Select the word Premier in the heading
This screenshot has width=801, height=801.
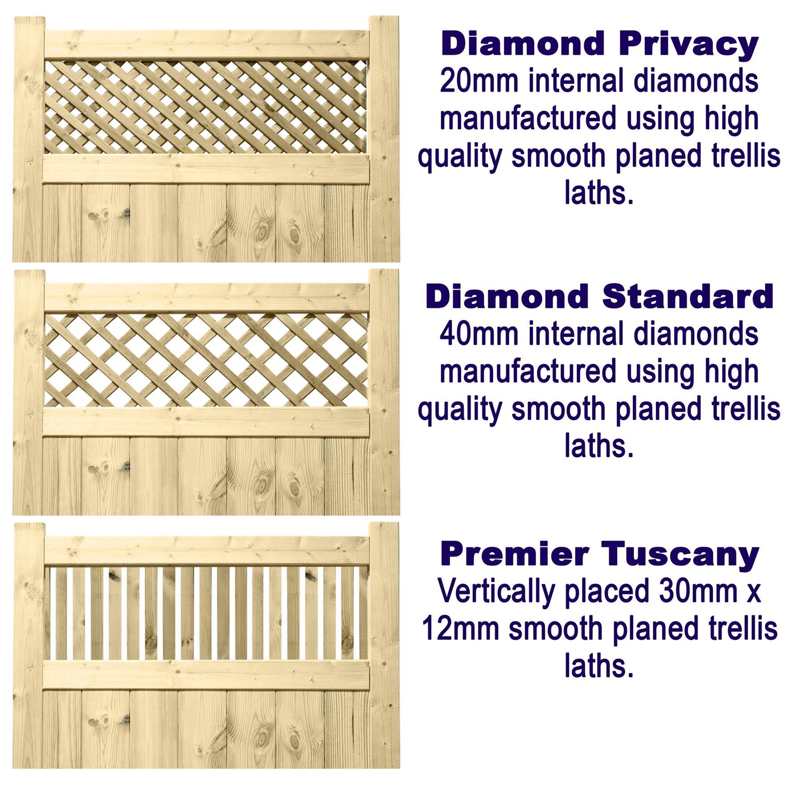pos(515,554)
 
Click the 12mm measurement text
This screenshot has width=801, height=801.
pos(461,629)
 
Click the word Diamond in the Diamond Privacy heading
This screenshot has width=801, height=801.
pos(523,44)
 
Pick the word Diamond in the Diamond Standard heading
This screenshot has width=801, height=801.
pos(507,297)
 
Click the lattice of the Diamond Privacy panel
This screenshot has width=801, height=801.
pos(205,107)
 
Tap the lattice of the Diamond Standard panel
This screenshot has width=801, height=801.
pos(205,360)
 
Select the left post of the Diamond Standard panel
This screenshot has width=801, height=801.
pos(29,390)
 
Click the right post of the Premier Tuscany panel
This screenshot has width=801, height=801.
pos(384,646)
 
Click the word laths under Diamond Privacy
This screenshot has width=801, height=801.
pos(599,193)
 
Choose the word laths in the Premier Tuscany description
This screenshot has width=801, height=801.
pos(599,667)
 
